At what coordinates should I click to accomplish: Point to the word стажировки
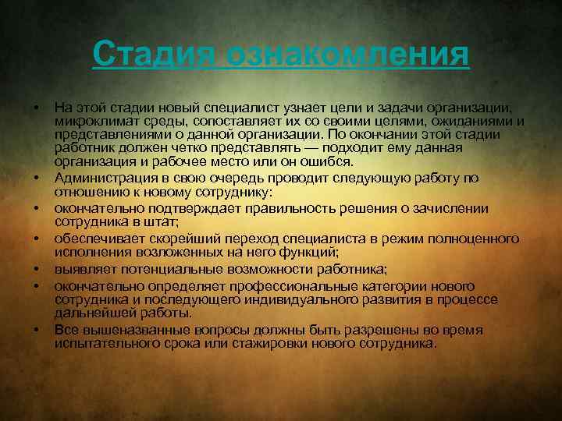tap(260, 342)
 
